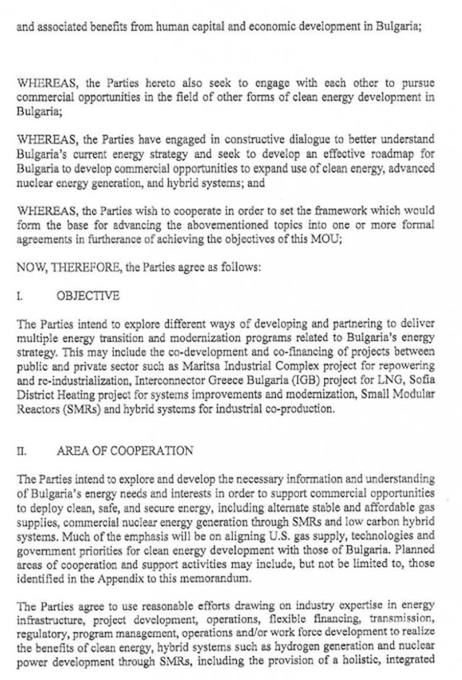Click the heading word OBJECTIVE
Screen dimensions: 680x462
coord(87,296)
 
